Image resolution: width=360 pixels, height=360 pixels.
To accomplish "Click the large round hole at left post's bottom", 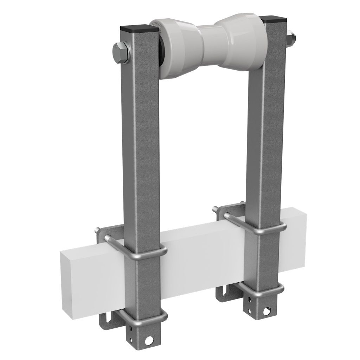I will pos(152,340).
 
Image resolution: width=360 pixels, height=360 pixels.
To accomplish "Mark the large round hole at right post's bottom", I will pos(268,310).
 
